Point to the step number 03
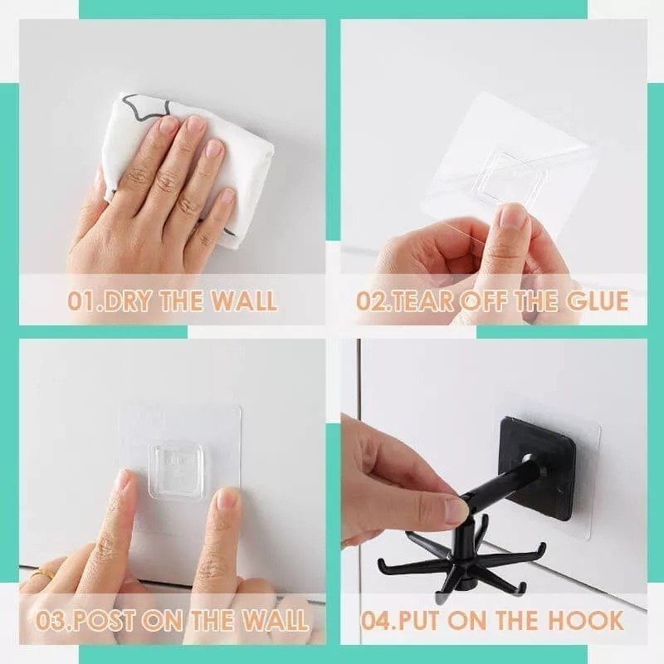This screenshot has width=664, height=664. (x=51, y=620)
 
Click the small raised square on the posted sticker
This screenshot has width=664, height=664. (x=176, y=461)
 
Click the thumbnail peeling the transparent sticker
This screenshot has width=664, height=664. (x=512, y=217)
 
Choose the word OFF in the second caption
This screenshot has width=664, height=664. (x=486, y=300)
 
